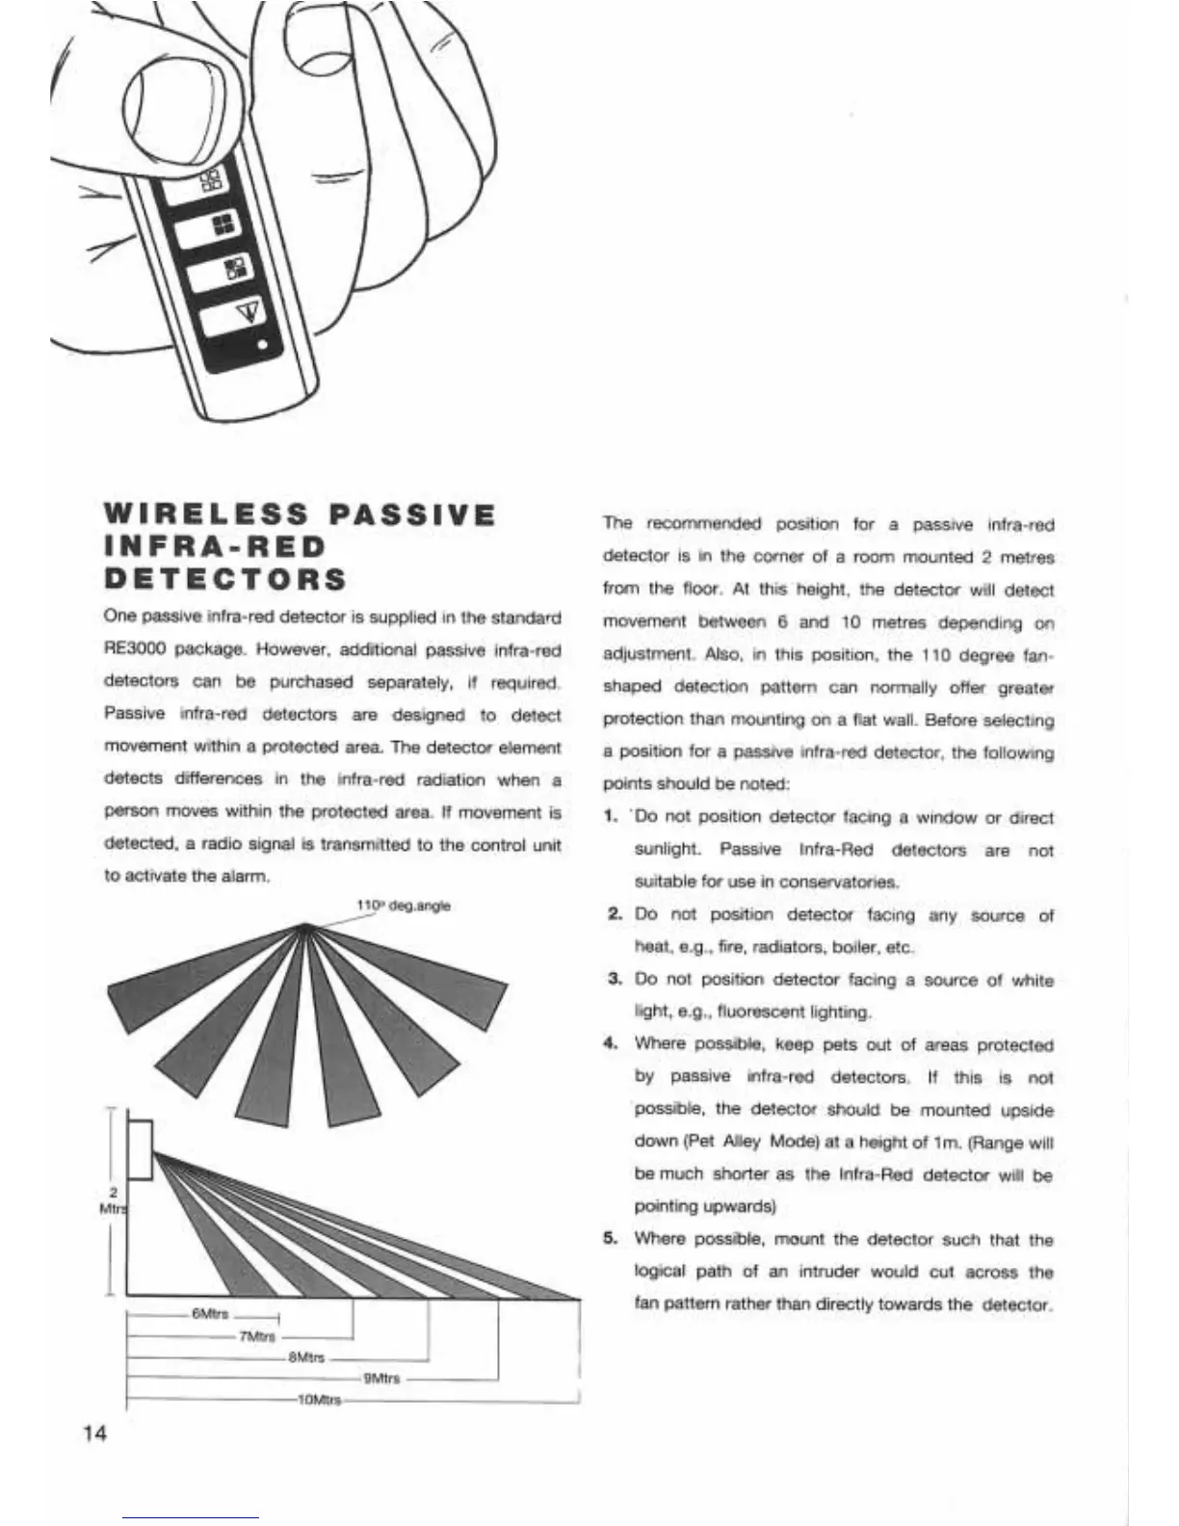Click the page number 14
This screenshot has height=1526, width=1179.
(95, 1434)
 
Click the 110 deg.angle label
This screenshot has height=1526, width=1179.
(404, 906)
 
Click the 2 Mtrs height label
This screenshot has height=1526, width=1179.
(113, 1200)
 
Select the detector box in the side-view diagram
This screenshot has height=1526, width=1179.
(140, 1150)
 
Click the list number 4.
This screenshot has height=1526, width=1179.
(610, 1043)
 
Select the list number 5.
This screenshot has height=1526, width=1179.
(610, 1238)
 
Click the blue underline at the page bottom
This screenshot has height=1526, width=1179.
(191, 1517)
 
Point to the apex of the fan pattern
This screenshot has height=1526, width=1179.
(305, 925)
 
